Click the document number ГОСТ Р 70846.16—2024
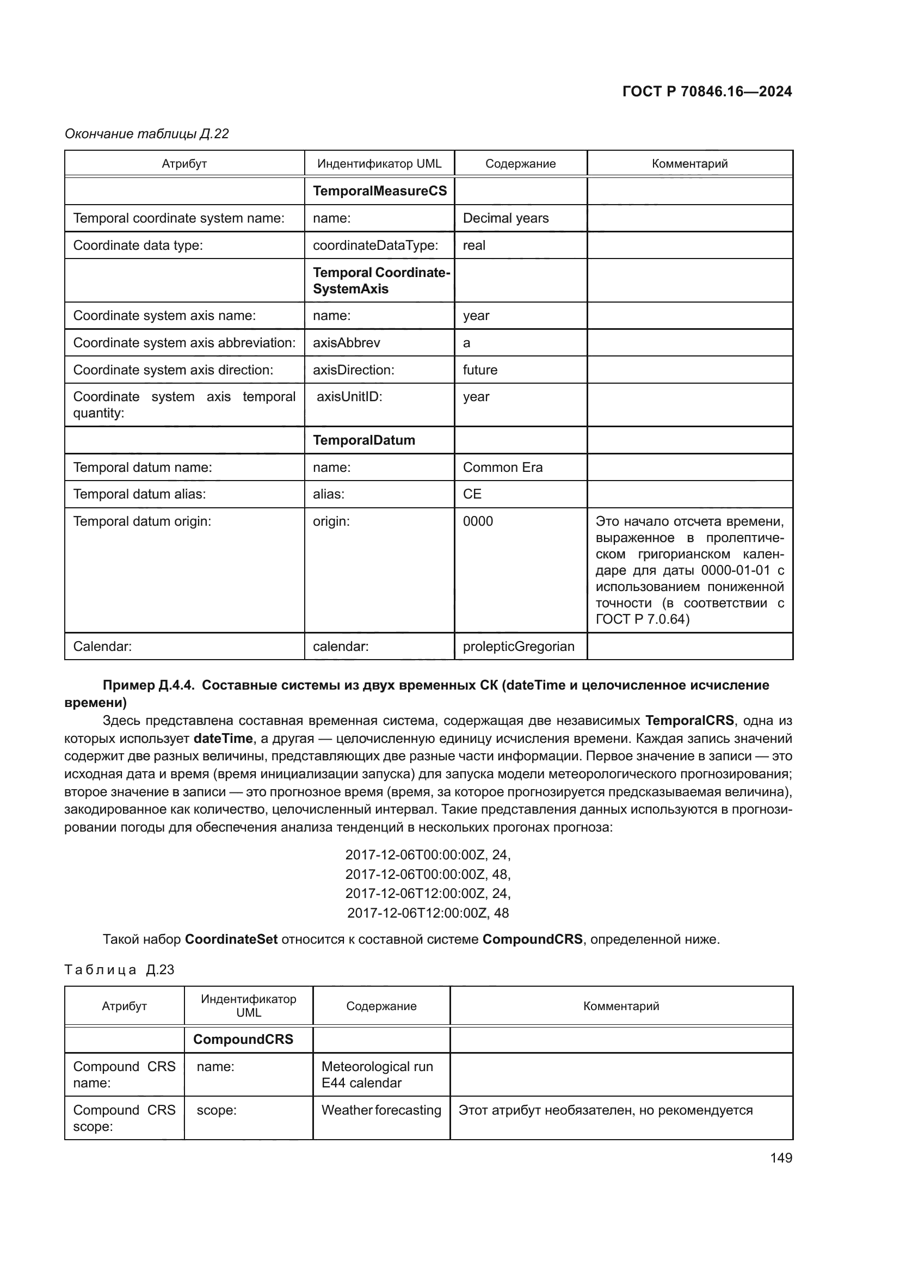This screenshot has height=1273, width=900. [707, 91]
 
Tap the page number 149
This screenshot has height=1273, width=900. [781, 1158]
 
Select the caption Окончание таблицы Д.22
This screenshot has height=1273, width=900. [147, 134]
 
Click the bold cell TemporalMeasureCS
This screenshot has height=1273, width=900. [380, 190]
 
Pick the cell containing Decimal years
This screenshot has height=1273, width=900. [506, 218]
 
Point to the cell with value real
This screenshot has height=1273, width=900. [474, 245]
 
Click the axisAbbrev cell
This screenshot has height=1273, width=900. [347, 343]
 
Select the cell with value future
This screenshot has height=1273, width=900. [480, 370]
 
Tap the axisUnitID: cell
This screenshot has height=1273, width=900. [349, 397]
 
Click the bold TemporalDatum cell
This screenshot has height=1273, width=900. [363, 440]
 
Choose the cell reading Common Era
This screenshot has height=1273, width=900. [503, 468]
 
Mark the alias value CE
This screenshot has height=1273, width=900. [472, 494]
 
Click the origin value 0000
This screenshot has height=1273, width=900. [478, 521]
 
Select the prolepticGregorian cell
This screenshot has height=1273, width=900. [519, 647]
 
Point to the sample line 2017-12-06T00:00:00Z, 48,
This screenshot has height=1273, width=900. [428, 875]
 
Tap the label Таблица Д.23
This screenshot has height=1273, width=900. [119, 970]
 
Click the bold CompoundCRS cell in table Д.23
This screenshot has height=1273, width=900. [243, 1039]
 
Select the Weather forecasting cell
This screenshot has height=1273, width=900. [381, 1110]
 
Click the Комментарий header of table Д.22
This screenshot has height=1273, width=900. [689, 164]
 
